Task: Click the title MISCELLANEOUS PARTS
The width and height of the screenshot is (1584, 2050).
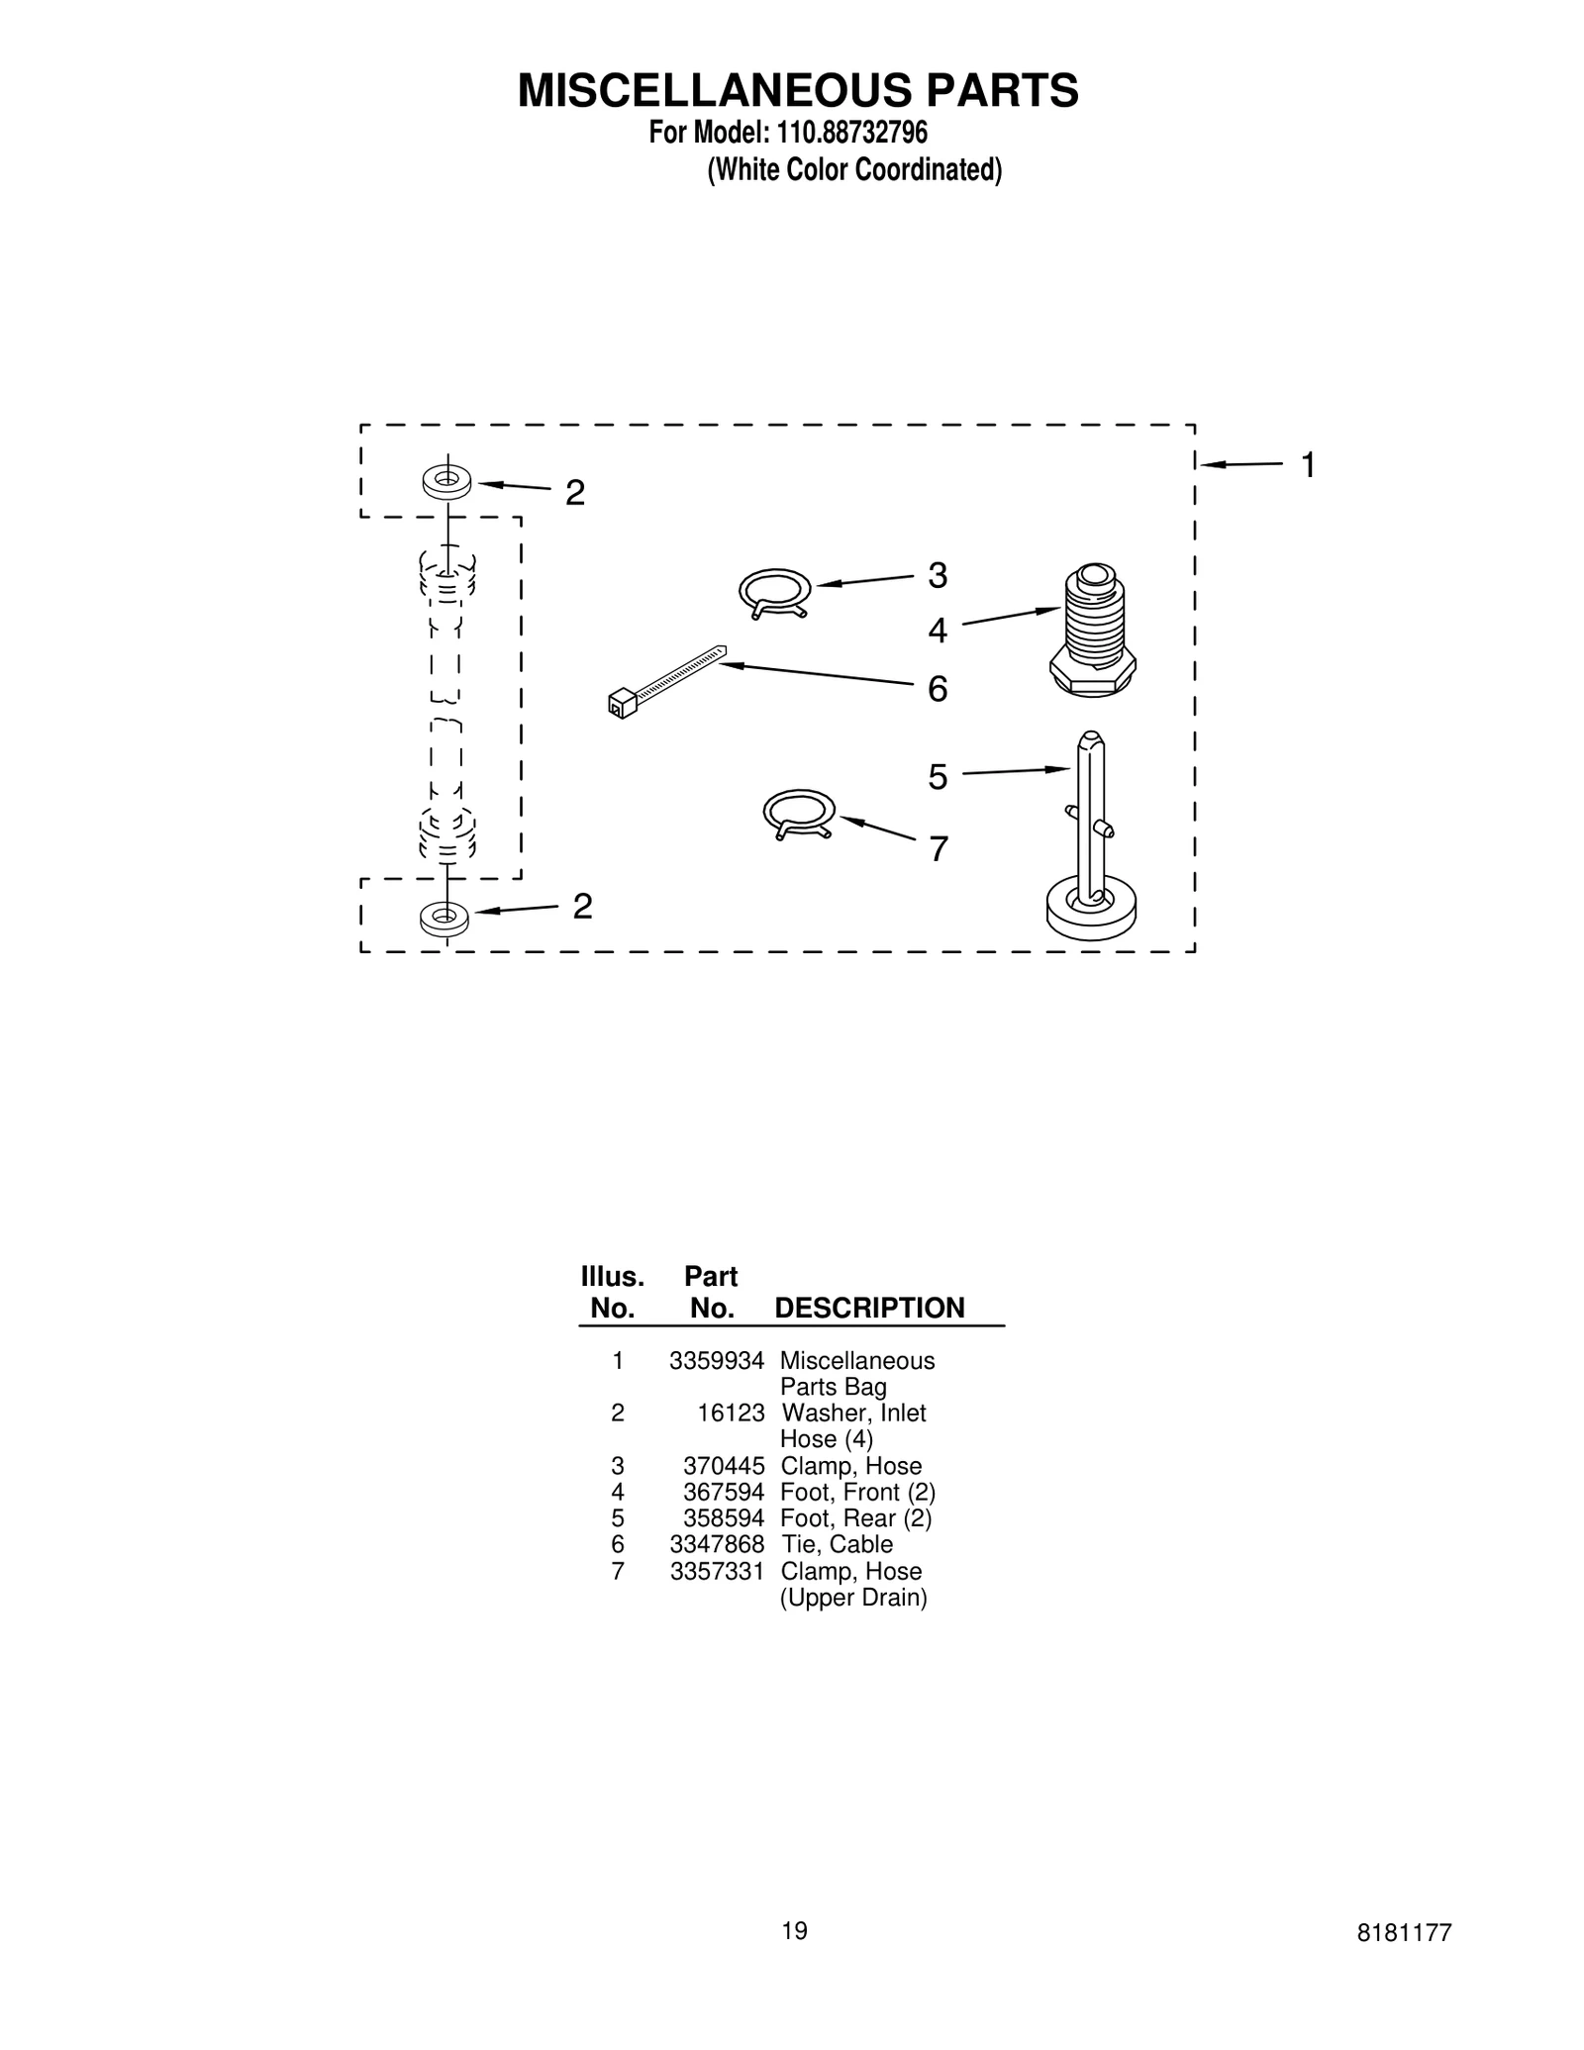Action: point(798,90)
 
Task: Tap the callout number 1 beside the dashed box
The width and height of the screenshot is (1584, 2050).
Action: point(1308,465)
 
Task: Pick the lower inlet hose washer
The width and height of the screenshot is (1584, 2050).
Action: point(445,918)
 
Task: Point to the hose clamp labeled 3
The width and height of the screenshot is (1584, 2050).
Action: point(774,593)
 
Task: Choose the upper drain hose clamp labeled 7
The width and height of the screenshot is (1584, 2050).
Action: point(798,814)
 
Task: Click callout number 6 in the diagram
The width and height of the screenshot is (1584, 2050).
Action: point(938,689)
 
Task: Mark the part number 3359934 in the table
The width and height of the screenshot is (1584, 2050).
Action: point(717,1361)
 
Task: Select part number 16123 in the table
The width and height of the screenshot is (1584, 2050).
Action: point(731,1413)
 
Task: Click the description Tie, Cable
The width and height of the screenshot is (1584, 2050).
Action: point(837,1544)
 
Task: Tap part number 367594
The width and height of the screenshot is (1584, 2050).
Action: point(724,1492)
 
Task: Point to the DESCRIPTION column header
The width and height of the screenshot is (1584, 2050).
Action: point(869,1308)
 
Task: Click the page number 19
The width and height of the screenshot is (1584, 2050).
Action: point(794,1930)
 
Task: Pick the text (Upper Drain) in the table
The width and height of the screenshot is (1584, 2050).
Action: point(853,1598)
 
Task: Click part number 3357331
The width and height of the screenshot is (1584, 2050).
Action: point(717,1571)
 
